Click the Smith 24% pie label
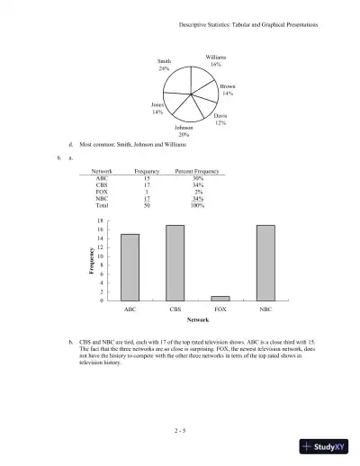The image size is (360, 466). [164, 65]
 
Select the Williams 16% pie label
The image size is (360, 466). [215, 60]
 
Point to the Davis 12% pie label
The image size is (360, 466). [220, 119]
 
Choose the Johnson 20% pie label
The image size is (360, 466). [183, 131]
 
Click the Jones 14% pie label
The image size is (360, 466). [157, 108]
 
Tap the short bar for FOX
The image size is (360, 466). [220, 298]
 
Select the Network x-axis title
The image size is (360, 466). [197, 320]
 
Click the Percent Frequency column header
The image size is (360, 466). [198, 171]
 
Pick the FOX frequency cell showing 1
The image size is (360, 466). [147, 192]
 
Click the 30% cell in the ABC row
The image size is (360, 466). [198, 178]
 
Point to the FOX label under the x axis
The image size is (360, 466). [220, 309]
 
